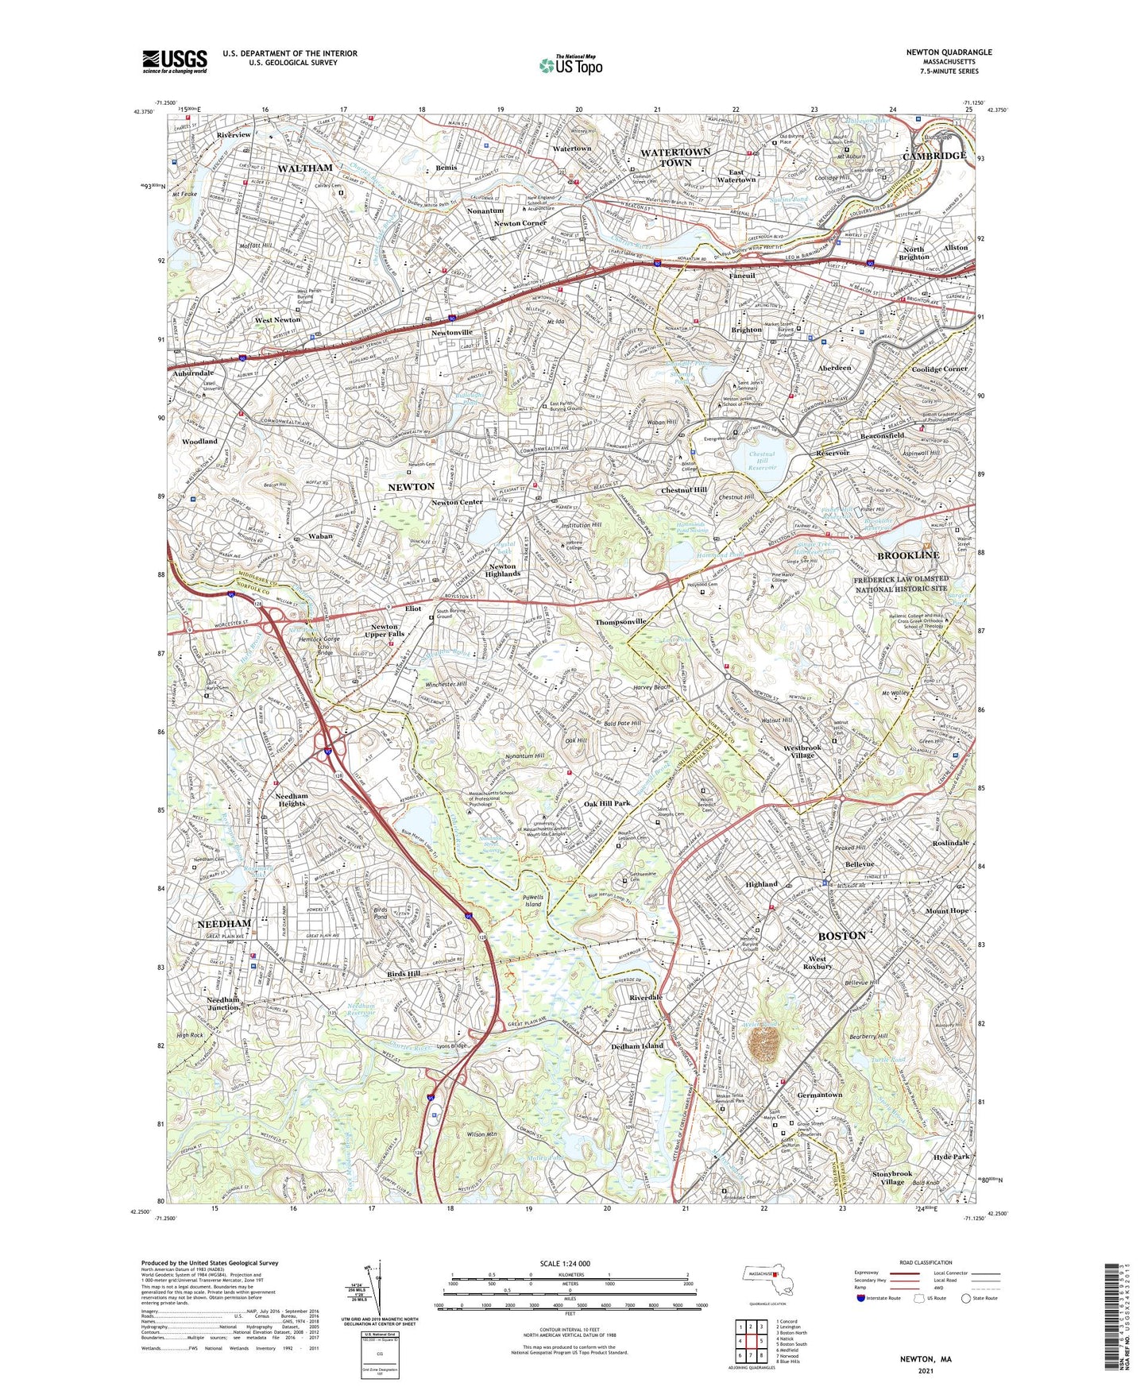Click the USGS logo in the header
[x=174, y=61]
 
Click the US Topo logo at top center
[x=570, y=65]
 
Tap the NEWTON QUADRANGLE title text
[x=949, y=52]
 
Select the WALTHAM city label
[x=305, y=168]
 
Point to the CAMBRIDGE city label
[x=934, y=156]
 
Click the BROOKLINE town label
[x=907, y=555]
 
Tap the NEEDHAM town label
[x=224, y=924]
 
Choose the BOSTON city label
[x=841, y=936]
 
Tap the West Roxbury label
[x=818, y=962]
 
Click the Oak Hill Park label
[x=606, y=803]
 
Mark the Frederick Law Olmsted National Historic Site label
[x=900, y=585]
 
